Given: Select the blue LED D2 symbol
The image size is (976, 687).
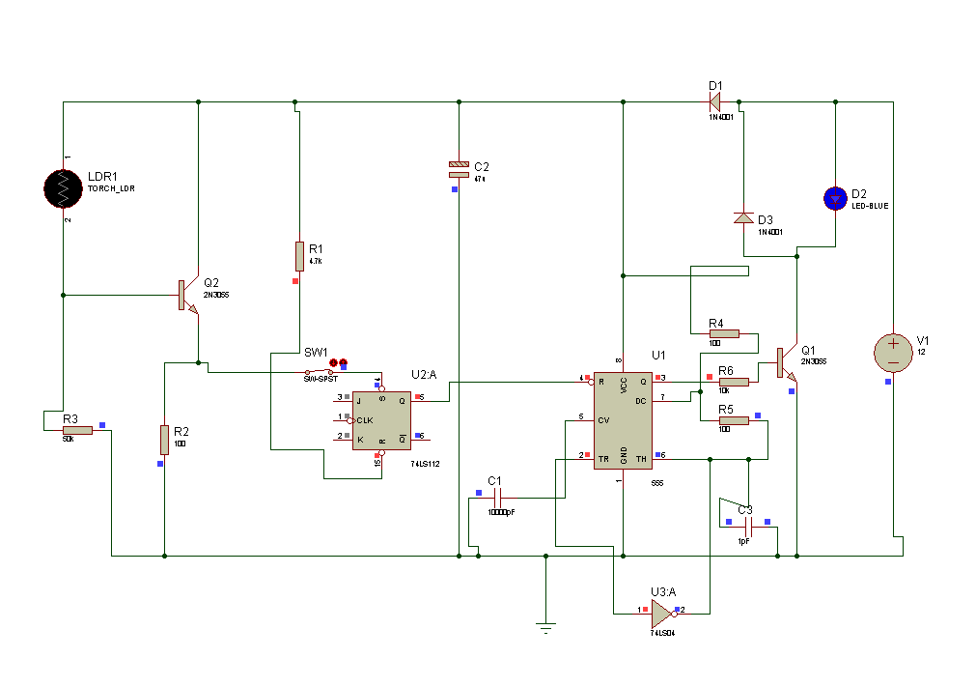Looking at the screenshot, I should tap(835, 198).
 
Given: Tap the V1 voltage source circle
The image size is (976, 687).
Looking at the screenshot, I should tap(894, 353).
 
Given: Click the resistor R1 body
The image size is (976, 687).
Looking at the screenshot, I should tap(300, 257).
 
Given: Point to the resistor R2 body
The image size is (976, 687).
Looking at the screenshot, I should tap(165, 439).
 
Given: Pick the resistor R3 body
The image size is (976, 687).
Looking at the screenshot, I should tap(77, 430).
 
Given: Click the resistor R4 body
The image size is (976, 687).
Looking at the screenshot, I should tap(723, 333).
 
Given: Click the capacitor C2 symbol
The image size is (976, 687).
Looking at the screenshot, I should tap(459, 169).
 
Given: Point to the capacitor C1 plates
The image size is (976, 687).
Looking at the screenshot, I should tap(498, 498).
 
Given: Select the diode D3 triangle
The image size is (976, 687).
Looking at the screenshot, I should tap(743, 218).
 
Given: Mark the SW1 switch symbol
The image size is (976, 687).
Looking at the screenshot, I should tap(321, 372).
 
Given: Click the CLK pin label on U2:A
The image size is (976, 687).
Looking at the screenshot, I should tap(364, 420).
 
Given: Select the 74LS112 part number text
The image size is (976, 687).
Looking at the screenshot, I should tap(425, 464).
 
